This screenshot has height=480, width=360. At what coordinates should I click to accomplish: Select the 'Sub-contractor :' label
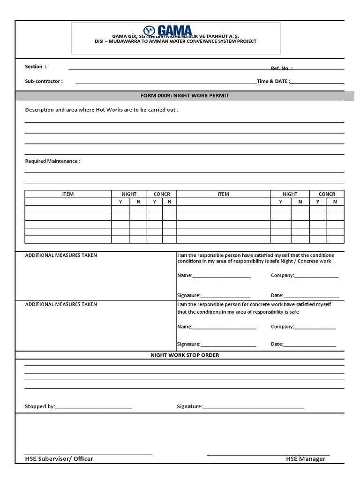pyautogui.click(x=44, y=81)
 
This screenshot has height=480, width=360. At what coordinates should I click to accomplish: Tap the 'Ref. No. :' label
pyautogui.click(x=282, y=68)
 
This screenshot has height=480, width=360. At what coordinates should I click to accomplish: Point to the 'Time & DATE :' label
pyautogui.click(x=274, y=81)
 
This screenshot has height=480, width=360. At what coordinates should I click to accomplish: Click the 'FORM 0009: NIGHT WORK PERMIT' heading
pyautogui.click(x=185, y=96)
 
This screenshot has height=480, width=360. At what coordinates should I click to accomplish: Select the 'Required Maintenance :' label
pyautogui.click(x=52, y=161)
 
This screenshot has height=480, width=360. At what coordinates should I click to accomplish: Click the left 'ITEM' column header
pyautogui.click(x=68, y=194)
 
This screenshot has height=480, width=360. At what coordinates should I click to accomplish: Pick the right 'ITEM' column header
pyautogui.click(x=223, y=194)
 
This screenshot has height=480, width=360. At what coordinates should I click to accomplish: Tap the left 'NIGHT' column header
pyautogui.click(x=129, y=194)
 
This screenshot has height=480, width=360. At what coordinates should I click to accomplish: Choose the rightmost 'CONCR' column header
pyautogui.click(x=327, y=194)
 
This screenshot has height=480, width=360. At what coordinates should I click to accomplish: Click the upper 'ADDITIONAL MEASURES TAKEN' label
pyautogui.click(x=61, y=255)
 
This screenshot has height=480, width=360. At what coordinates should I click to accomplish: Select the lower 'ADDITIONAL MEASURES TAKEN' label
pyautogui.click(x=61, y=304)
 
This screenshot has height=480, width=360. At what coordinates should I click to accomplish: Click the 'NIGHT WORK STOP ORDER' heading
pyautogui.click(x=185, y=355)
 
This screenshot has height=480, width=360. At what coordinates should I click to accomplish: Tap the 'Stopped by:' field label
pyautogui.click(x=40, y=406)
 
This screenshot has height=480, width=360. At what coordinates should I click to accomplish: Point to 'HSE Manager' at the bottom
pyautogui.click(x=306, y=459)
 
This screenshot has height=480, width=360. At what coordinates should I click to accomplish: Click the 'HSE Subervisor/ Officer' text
pyautogui.click(x=59, y=459)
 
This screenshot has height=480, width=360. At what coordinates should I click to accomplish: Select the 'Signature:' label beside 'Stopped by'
pyautogui.click(x=189, y=406)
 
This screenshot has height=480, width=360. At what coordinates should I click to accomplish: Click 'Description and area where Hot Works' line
pyautogui.click(x=102, y=110)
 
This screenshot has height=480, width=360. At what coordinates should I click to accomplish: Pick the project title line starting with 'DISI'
pyautogui.click(x=175, y=41)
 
